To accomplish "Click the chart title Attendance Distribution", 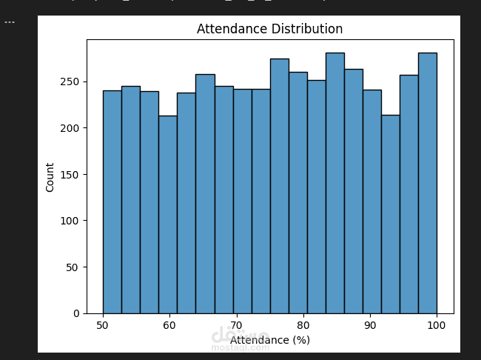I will [x=269, y=30].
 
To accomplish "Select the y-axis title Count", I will [x=50, y=177].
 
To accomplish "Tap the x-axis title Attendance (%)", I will [x=269, y=340].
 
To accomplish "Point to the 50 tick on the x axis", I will [x=103, y=324].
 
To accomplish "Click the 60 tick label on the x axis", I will [x=169, y=324].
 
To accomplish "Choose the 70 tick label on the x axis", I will [x=236, y=324].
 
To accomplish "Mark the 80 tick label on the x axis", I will [x=303, y=324].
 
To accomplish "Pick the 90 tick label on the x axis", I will [x=369, y=324].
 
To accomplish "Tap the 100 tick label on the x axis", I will [x=436, y=324].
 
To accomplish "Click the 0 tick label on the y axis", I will [x=77, y=313].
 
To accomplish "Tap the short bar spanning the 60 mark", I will [x=167, y=215].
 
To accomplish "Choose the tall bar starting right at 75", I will [x=279, y=185].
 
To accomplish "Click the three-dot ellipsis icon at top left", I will [x=10, y=21].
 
